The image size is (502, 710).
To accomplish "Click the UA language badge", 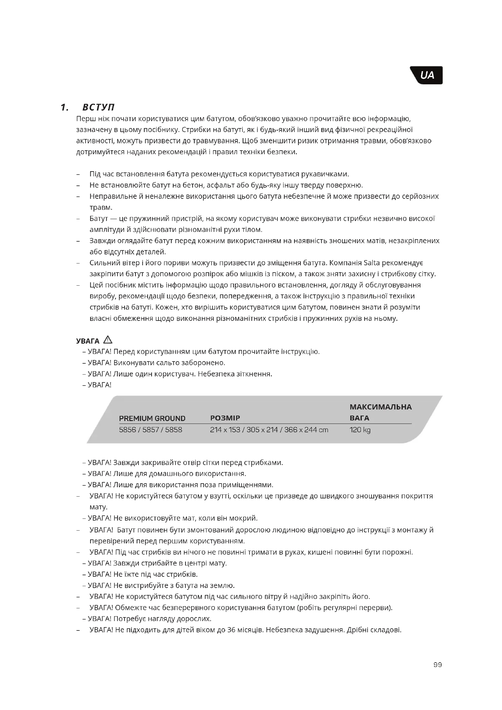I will (x=427, y=75).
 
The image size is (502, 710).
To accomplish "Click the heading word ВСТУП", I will (x=99, y=107).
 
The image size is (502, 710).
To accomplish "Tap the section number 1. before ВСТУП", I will (x=65, y=107).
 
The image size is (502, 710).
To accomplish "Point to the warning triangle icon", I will (x=108, y=340).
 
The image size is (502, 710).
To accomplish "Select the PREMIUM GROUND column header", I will (x=152, y=418).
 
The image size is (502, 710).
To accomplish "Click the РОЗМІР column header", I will (x=225, y=418).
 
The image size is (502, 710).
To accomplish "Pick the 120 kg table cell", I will (x=360, y=430).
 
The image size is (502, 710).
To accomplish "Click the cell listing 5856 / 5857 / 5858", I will (x=151, y=430).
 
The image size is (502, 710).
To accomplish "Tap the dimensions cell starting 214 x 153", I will (x=269, y=430).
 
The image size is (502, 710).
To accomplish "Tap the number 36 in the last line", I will (x=232, y=630).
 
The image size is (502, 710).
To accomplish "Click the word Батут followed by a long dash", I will (x=99, y=219).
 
